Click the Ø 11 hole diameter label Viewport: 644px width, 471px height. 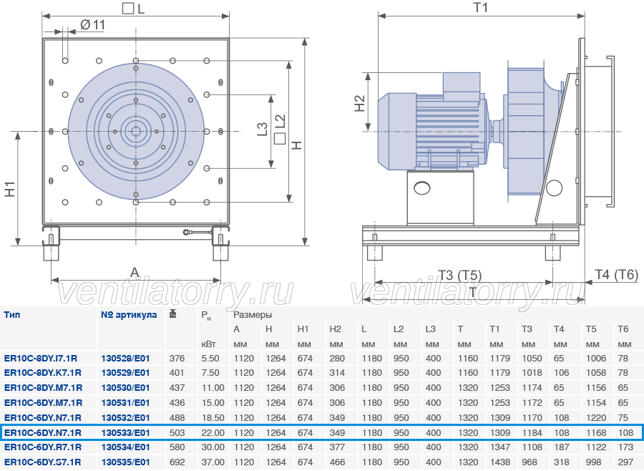coord(92,25)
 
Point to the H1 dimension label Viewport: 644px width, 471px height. coord(10,189)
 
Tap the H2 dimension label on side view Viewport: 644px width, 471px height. coord(359,103)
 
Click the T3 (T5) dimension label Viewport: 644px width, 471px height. coord(459,275)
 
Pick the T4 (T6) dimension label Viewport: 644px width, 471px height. coord(617,274)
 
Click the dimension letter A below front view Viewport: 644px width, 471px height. coord(135,272)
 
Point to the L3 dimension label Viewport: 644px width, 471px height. coord(262,129)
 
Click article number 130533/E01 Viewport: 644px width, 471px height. coord(125,432)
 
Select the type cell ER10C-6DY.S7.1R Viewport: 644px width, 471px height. coord(42,462)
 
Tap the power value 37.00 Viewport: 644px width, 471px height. coord(213,462)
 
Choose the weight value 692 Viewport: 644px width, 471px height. coord(177,462)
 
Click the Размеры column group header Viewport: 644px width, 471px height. coord(253,315)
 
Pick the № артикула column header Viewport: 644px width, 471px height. coord(129,315)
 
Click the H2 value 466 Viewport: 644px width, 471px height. coord(337,462)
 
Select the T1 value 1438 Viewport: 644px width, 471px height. coord(500,462)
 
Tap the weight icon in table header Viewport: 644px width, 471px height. coord(173,314)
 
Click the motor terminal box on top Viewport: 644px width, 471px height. coord(462,87)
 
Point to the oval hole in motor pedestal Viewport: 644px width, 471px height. coord(421,188)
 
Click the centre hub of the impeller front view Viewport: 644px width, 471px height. coord(135,132)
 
